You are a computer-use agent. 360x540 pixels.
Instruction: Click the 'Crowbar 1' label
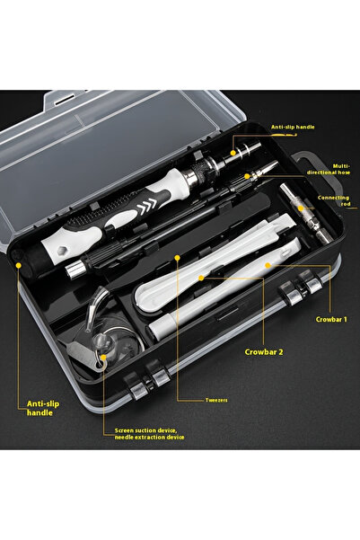click(x=330, y=319)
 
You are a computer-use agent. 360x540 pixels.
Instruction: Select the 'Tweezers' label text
click(x=190, y=402)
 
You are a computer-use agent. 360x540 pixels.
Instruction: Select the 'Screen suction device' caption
click(x=150, y=434)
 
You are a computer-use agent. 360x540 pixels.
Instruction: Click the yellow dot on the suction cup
click(x=104, y=356)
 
